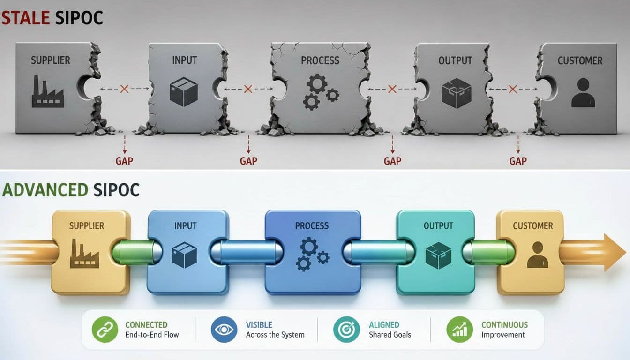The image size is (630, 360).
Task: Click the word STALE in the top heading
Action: tap(26, 18)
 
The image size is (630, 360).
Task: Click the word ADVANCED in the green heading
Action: tap(45, 190)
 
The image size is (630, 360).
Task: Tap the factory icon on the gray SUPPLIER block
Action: tap(48, 91)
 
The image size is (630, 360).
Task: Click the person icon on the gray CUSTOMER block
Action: tap(583, 92)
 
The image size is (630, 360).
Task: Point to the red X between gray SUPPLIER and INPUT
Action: tap(124, 89)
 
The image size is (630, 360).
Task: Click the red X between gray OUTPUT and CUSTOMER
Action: tap(513, 89)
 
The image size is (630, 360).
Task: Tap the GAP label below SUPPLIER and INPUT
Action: tap(124, 161)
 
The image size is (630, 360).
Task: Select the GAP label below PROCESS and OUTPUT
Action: tap(393, 161)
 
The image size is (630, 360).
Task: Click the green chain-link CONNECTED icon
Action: tap(105, 330)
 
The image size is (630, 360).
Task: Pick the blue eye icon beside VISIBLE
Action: tap(224, 330)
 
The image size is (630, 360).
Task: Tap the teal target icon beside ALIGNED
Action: tap(346, 330)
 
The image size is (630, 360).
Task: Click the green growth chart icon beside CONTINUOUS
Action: tap(459, 330)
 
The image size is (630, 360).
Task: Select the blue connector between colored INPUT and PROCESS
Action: tap(247, 252)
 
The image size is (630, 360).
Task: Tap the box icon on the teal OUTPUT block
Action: tap(438, 255)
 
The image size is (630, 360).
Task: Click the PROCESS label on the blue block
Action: tap(312, 226)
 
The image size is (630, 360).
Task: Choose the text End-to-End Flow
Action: tap(152, 335)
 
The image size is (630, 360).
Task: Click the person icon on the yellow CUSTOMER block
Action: tap(538, 255)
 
